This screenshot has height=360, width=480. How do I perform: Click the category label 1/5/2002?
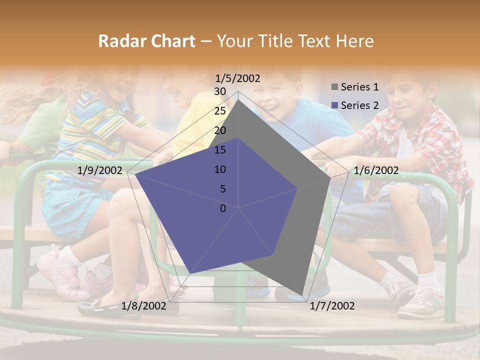pyautogui.click(x=238, y=78)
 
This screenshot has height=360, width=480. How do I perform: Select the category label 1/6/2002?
pyautogui.click(x=376, y=170)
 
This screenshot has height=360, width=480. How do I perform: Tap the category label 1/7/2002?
pyautogui.click(x=332, y=306)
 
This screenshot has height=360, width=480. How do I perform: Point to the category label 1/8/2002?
pyautogui.click(x=143, y=306)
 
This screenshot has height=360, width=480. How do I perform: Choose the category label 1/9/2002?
pyautogui.click(x=100, y=170)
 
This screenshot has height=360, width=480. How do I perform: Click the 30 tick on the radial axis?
pyautogui.click(x=220, y=91)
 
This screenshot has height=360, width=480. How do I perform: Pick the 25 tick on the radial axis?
pyautogui.click(x=220, y=111)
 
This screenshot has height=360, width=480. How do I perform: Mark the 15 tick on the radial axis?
pyautogui.click(x=220, y=150)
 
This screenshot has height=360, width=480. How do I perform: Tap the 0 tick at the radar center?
pyautogui.click(x=223, y=208)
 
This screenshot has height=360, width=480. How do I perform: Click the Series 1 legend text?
pyautogui.click(x=359, y=87)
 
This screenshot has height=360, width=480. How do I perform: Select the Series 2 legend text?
pyautogui.click(x=359, y=105)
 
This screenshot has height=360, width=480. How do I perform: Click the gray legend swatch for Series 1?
pyautogui.click(x=334, y=87)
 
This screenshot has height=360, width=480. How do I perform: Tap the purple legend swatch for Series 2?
pyautogui.click(x=334, y=105)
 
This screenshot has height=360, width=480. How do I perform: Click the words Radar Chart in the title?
pyautogui.click(x=146, y=41)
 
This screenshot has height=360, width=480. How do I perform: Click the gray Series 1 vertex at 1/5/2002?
pyautogui.click(x=238, y=100)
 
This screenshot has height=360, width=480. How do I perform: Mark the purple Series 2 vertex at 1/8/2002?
pyautogui.click(x=190, y=273)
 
